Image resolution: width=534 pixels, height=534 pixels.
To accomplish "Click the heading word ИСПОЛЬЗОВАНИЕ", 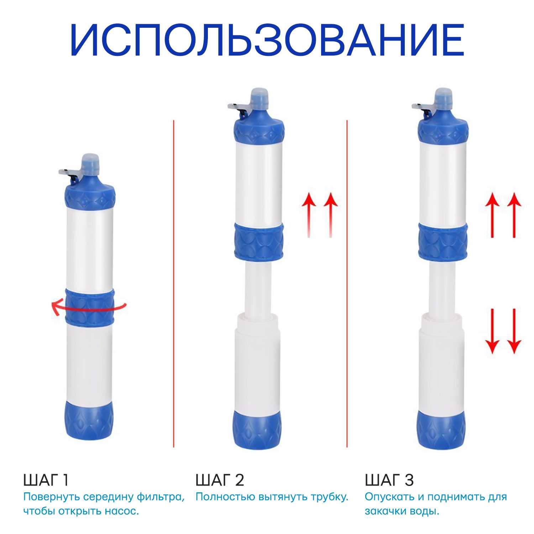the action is [267, 40].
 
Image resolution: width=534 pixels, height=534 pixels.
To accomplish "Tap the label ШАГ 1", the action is [46, 480].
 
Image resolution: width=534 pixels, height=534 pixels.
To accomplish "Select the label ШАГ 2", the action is [220, 480].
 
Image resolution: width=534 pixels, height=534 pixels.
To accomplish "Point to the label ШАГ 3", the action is [389, 480].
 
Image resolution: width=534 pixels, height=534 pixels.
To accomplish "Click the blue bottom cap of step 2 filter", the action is [257, 430].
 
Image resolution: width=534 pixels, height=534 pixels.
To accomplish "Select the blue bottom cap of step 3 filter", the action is [441, 430].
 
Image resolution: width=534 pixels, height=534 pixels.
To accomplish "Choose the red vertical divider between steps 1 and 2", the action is [174, 284].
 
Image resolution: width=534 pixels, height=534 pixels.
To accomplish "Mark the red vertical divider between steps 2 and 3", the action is [347, 284].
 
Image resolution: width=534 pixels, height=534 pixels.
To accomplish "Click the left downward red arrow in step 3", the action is [492, 331].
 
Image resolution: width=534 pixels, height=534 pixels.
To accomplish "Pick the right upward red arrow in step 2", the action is [331, 215].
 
